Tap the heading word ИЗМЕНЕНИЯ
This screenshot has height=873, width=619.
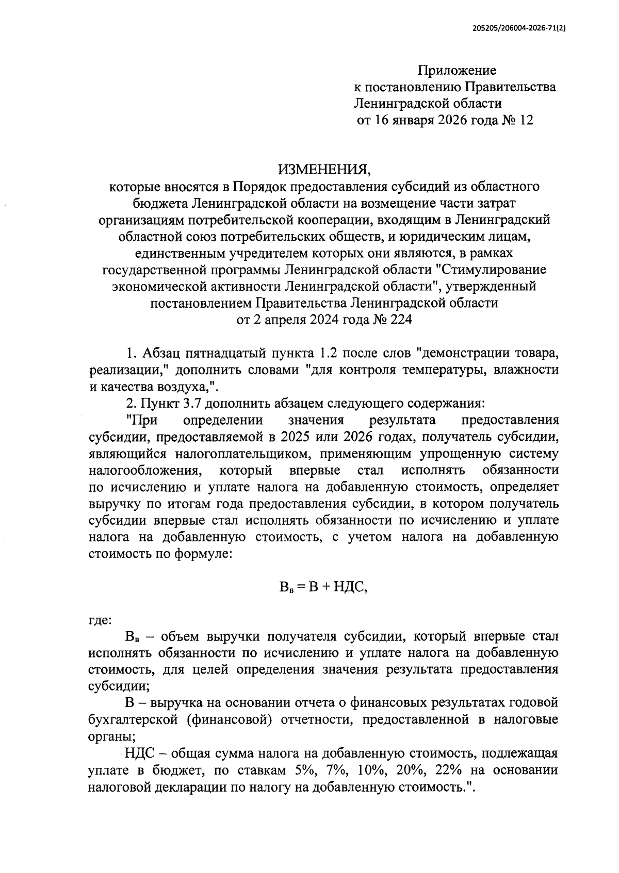[324, 170]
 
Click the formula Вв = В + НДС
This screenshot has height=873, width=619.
[323, 587]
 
